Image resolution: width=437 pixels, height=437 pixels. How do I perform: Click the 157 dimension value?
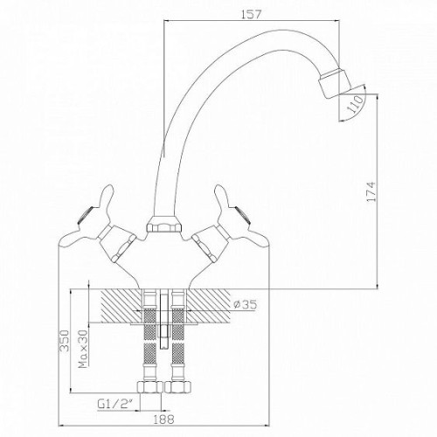pyautogui.click(x=251, y=14)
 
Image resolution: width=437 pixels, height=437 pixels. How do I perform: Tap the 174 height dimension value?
pyautogui.click(x=371, y=191)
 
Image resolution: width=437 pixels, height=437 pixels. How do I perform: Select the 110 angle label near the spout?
pyautogui.click(x=356, y=104)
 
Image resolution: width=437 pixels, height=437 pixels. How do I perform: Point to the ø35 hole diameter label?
pyautogui.click(x=246, y=304)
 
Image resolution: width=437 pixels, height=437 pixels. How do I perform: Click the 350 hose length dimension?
pyautogui.click(x=64, y=341)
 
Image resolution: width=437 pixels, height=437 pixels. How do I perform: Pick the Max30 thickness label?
pyautogui.click(x=83, y=349)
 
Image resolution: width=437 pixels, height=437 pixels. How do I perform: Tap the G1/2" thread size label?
pyautogui.click(x=115, y=404)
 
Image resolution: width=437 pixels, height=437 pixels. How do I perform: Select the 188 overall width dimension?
pyautogui.click(x=163, y=420)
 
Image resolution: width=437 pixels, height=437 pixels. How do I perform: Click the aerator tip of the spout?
pyautogui.click(x=335, y=82)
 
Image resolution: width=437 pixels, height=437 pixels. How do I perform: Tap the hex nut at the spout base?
pyautogui.click(x=164, y=225)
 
